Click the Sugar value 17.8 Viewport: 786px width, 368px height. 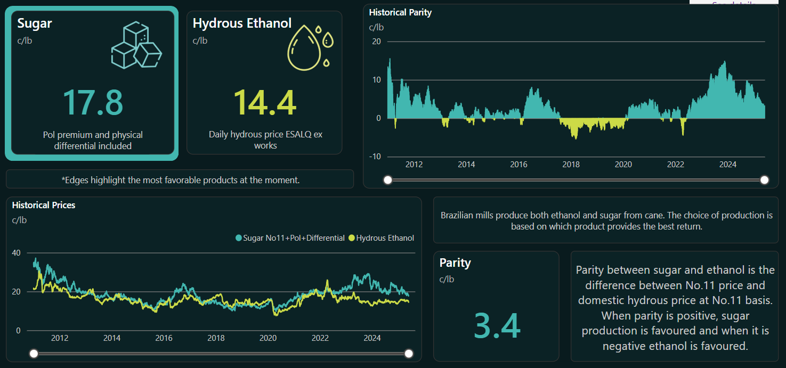click(x=93, y=103)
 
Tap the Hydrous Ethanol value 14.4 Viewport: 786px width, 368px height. click(x=265, y=103)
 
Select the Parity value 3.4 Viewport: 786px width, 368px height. click(x=497, y=326)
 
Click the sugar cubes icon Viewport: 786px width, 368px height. click(x=136, y=45)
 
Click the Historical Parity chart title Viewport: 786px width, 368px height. click(x=400, y=12)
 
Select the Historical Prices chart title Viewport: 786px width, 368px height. click(x=44, y=205)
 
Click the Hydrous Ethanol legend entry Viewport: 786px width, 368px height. click(x=381, y=238)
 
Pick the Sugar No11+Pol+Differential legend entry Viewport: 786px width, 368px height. click(x=290, y=238)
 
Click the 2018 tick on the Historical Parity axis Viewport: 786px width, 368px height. click(x=571, y=165)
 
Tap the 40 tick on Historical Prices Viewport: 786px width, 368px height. click(x=16, y=253)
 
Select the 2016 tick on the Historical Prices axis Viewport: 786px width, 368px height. click(x=164, y=338)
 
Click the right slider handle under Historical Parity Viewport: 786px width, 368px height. click(x=765, y=180)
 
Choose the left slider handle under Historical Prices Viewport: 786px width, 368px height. click(x=34, y=354)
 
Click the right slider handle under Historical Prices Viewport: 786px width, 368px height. click(x=409, y=354)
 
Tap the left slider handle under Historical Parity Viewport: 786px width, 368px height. click(x=388, y=180)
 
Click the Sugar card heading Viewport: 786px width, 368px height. click(x=35, y=23)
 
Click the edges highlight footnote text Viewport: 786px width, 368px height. click(x=180, y=180)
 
